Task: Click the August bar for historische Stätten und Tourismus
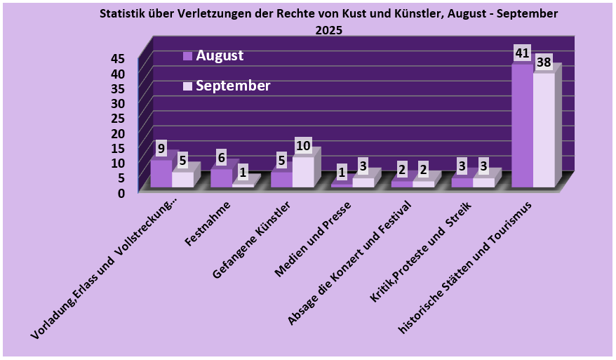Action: [522, 126]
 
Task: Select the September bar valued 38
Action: [544, 130]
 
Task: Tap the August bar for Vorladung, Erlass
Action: [161, 173]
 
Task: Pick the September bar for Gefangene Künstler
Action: [303, 172]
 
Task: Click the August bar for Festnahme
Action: [221, 178]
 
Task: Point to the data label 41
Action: [521, 53]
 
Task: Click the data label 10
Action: [303, 146]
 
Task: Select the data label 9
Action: [161, 149]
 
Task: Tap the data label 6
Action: [221, 158]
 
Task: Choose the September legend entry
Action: [232, 86]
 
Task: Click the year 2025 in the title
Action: [329, 30]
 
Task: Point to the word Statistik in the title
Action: [124, 14]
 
